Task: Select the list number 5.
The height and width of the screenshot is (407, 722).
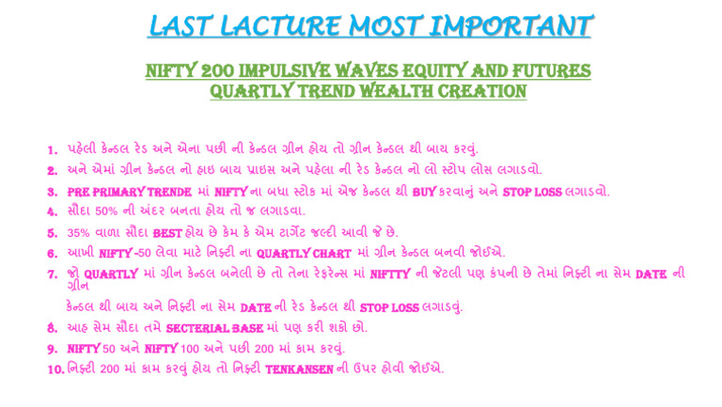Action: (54, 231)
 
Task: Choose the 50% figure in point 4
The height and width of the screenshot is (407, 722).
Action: (117, 211)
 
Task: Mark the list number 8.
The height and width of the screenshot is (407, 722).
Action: (54, 328)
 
